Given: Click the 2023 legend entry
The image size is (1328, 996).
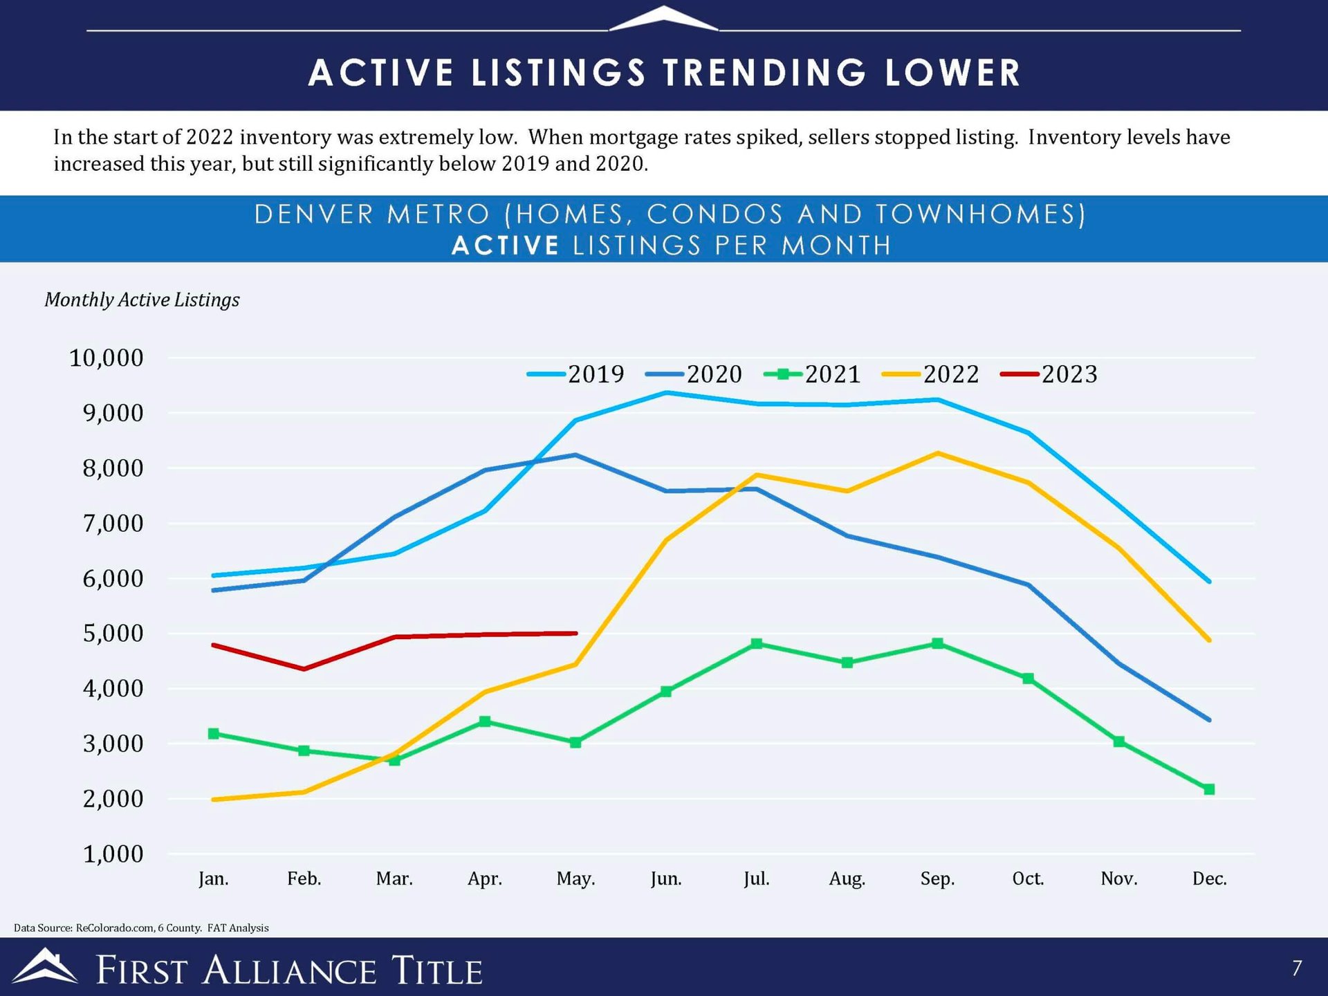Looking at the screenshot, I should [x=1049, y=374].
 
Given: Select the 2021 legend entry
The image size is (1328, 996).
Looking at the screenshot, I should [x=813, y=374].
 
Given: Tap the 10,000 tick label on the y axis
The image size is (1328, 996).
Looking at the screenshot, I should [x=107, y=358].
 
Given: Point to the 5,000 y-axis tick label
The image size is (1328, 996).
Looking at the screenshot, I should [x=113, y=634].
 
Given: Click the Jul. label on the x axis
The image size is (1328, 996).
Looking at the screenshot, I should [x=756, y=878].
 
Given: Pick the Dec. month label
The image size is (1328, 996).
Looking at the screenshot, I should [x=1209, y=878].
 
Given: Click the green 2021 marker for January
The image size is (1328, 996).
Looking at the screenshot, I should [x=214, y=733].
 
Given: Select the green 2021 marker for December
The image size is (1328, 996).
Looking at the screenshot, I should [x=1209, y=789].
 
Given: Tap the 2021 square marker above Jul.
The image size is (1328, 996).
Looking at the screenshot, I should [x=757, y=643].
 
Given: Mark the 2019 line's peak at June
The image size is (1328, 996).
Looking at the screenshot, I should [x=666, y=393].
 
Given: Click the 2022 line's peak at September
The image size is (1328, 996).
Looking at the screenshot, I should [x=937, y=453].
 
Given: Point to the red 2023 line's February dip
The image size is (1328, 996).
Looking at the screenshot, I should [x=304, y=669].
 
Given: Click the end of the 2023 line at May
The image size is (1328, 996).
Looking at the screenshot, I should [x=575, y=633].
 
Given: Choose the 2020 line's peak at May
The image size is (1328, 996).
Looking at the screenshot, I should [x=575, y=454].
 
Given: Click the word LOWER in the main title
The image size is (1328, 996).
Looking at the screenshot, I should [x=952, y=73].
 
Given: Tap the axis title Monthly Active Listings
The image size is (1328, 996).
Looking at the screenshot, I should [x=142, y=299].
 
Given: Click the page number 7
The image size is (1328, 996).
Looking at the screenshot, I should [x=1297, y=968].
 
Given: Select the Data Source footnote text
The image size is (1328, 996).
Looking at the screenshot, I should [x=141, y=928].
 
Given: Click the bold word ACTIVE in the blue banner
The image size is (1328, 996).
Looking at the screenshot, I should [x=505, y=246].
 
